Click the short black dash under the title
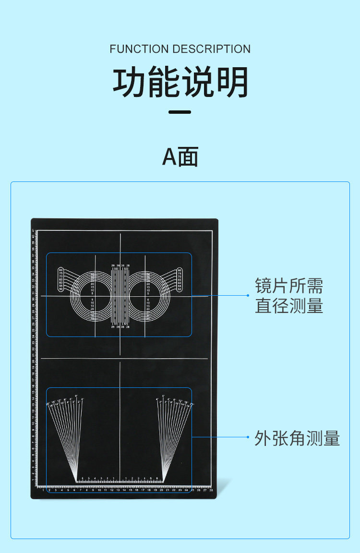(x=180, y=112)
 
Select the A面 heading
(x=180, y=156)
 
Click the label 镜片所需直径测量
(x=289, y=296)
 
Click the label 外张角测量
(x=297, y=438)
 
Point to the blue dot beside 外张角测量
(x=248, y=437)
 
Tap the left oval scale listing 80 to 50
(x=61, y=280)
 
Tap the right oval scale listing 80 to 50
(x=180, y=280)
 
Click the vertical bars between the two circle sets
(x=120, y=296)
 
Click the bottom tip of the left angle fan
(x=77, y=481)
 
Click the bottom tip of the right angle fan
(x=163, y=481)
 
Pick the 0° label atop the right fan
(x=163, y=396)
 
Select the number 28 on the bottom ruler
(x=211, y=490)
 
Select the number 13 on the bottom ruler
(x=118, y=490)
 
